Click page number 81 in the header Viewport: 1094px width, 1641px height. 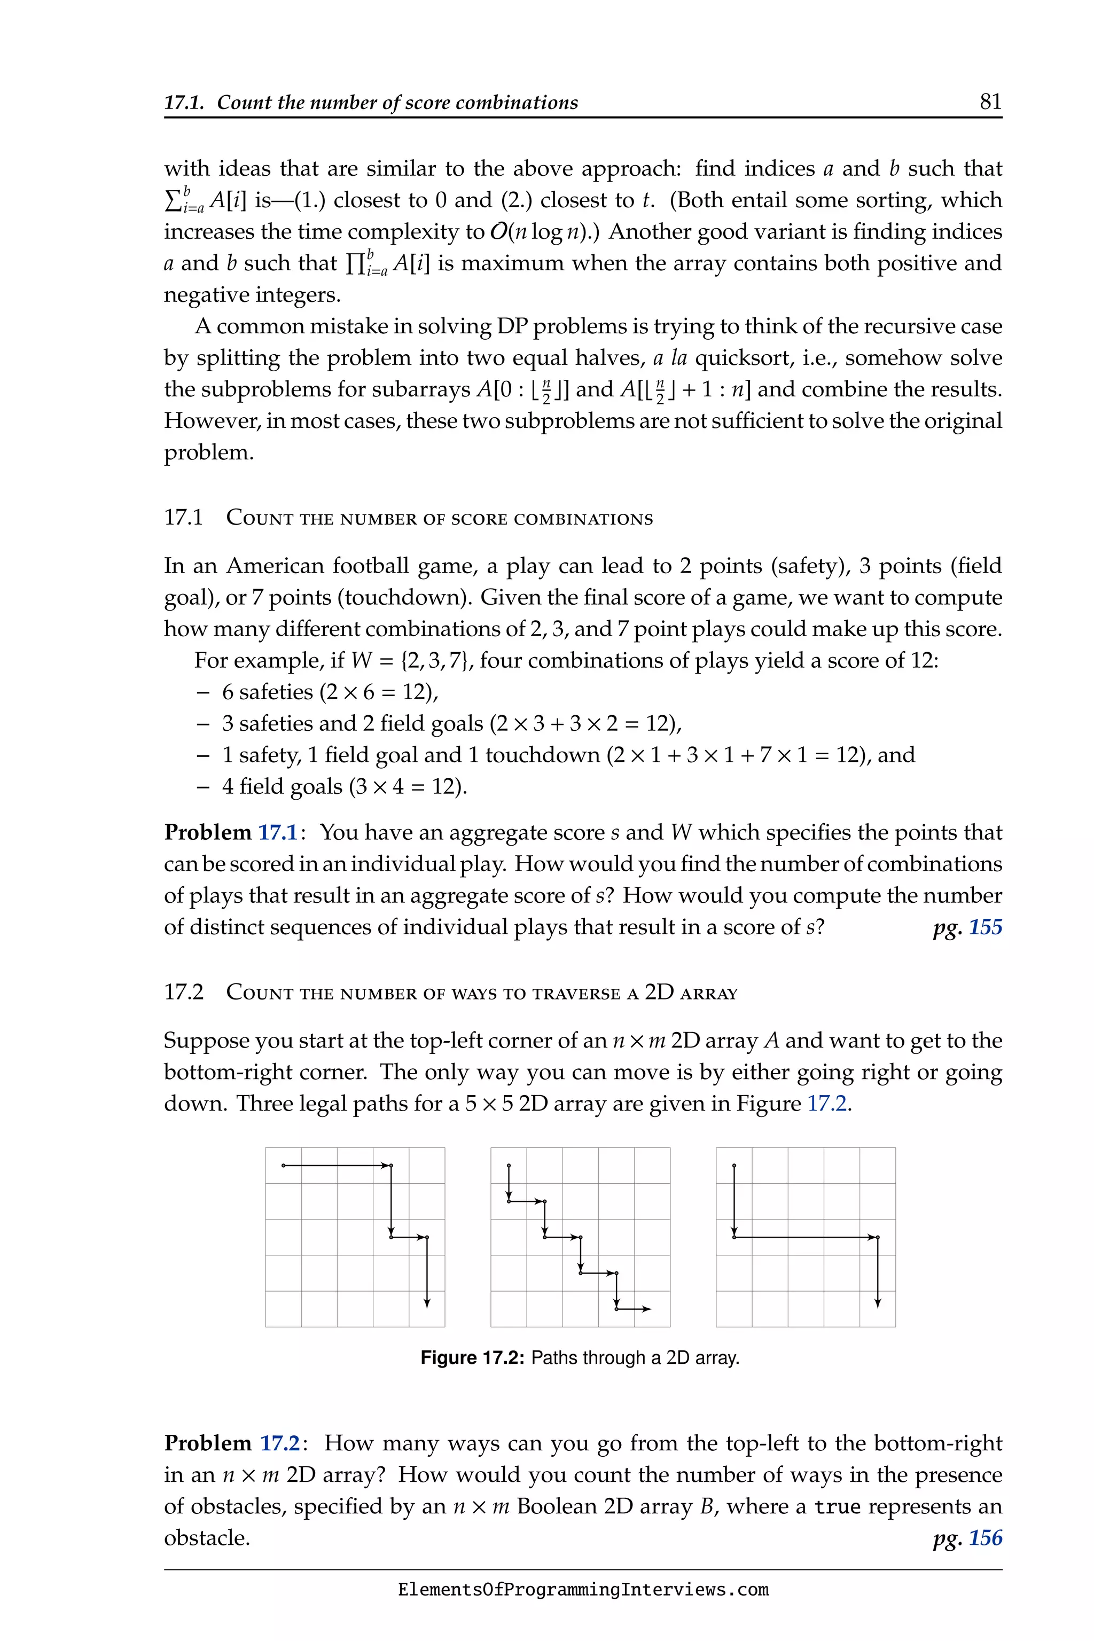click(990, 102)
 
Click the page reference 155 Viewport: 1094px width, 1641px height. click(985, 927)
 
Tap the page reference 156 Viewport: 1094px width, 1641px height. click(985, 1538)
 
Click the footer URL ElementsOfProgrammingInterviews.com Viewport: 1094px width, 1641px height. click(583, 1590)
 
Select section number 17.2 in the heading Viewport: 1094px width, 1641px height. click(184, 992)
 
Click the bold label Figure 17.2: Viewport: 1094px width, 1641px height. click(472, 1358)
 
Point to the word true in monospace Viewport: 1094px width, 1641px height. click(837, 1506)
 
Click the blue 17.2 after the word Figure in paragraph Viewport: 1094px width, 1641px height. click(827, 1104)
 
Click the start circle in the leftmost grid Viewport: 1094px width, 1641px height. click(283, 1165)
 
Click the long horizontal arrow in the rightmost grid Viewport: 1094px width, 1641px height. click(806, 1237)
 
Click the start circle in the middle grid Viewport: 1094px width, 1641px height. click(509, 1165)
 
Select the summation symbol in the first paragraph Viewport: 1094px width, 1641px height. click(171, 201)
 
